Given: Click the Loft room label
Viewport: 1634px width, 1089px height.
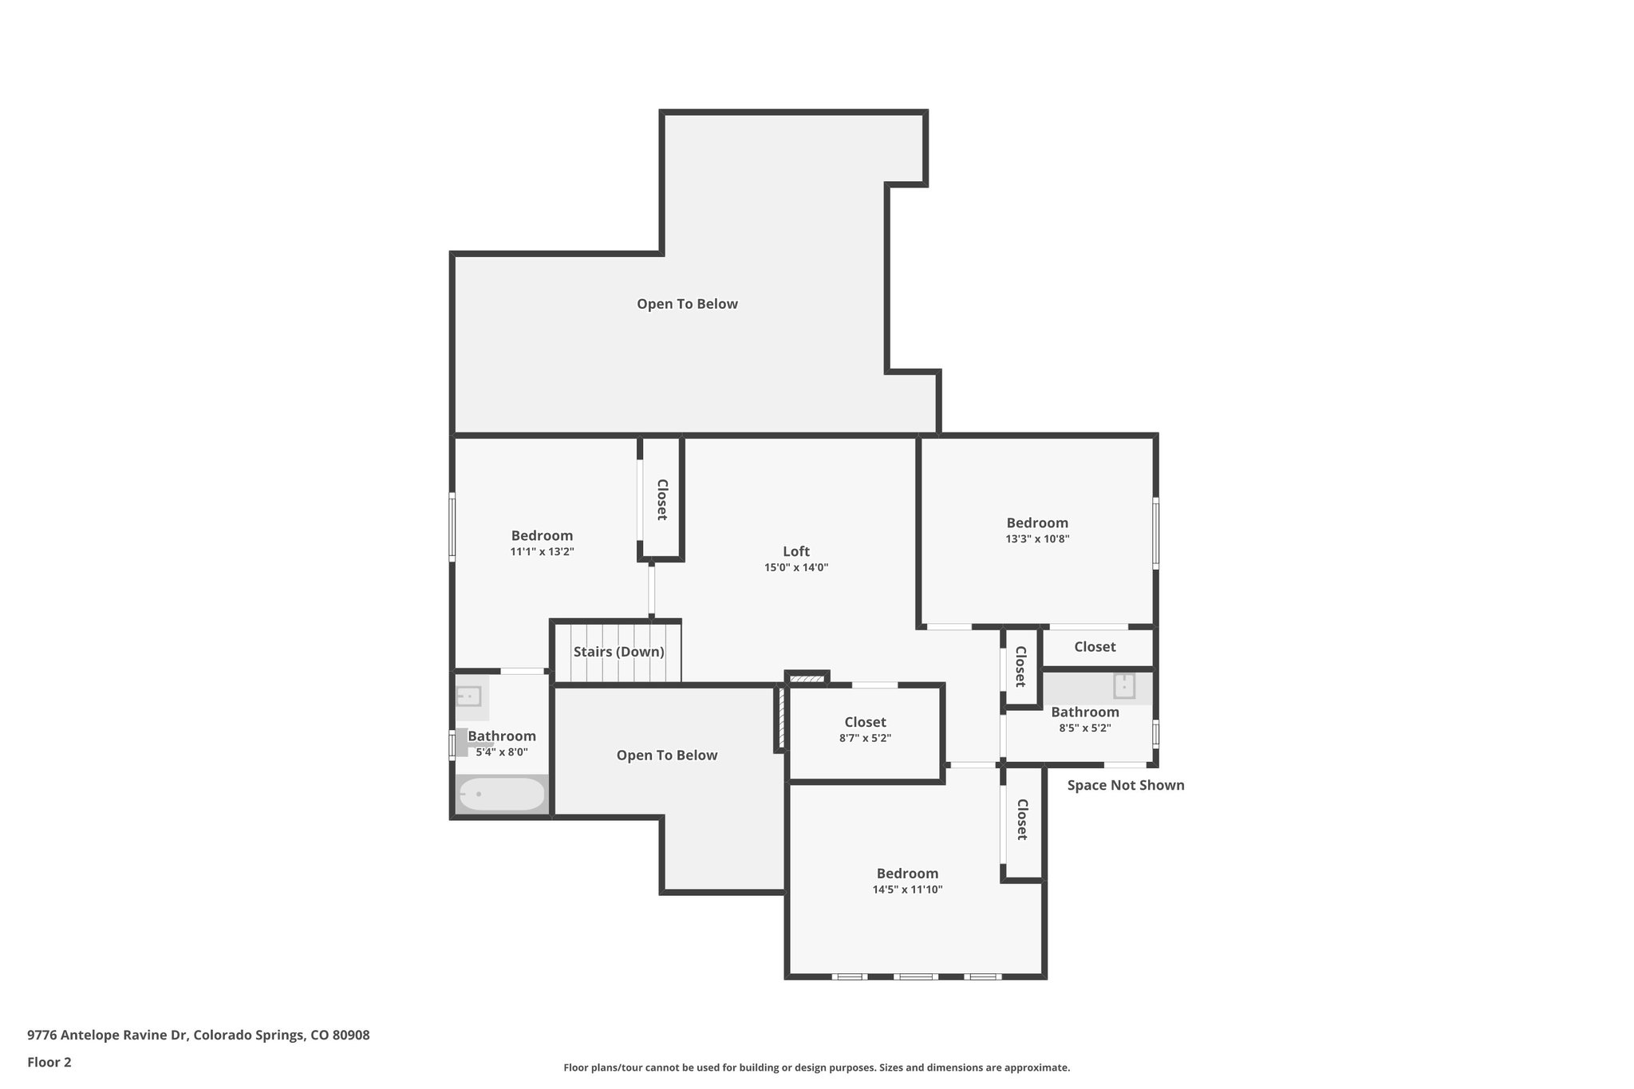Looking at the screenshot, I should pos(795,551).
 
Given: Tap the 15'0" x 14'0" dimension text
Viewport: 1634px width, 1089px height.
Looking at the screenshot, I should pos(795,568).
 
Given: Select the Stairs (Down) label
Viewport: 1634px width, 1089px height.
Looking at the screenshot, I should pos(618,652).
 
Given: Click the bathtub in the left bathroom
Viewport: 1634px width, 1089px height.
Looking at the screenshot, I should pos(502,795).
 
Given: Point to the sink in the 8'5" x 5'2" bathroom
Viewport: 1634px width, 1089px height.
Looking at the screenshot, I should pos(1123,686).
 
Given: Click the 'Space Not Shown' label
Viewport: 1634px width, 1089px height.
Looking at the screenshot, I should pos(1125,785).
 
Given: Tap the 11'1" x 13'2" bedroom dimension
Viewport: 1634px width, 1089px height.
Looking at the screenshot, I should pos(542,552).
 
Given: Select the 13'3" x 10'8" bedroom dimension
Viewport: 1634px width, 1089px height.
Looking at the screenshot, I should pos(1036,539).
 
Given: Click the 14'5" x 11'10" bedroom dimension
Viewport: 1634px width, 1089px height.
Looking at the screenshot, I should pos(907,890).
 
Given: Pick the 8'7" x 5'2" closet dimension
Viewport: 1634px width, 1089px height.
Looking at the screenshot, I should pos(865,739).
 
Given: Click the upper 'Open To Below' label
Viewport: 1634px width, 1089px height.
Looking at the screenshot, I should pos(687,304).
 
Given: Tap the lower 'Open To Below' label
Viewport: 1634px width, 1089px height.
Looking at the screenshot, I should pos(666,756).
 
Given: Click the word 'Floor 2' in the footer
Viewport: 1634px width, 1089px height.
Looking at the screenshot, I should pos(49,1062).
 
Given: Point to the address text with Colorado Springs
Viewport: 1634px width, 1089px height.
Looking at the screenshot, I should pos(198,1035).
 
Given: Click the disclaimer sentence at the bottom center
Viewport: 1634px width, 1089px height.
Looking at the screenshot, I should pos(816,1067).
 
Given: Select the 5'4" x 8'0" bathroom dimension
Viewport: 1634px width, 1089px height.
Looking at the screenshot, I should pos(501,752).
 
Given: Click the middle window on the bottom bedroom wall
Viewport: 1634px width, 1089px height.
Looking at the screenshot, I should pos(915,977).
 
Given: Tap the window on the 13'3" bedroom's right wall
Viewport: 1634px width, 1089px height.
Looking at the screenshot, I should pos(1155,533).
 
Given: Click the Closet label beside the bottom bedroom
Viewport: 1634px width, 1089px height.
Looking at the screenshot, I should pos(1021,819).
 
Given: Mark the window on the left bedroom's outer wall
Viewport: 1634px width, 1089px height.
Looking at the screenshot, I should pos(452,526).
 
